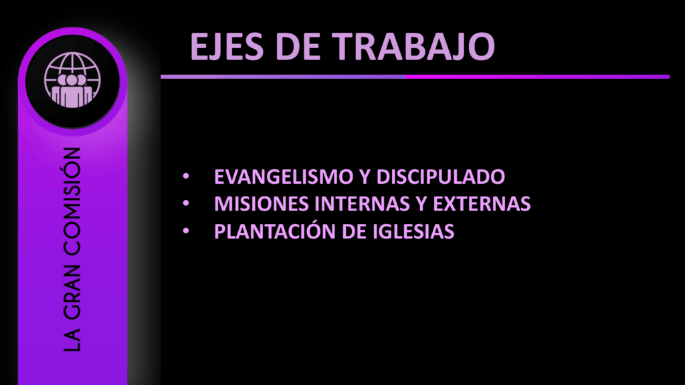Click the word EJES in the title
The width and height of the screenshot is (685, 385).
pyautogui.click(x=227, y=47)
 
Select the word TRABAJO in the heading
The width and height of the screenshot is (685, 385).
pyautogui.click(x=413, y=46)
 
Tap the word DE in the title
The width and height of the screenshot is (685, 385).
pyautogui.click(x=298, y=46)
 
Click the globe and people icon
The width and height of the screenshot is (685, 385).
pyautogui.click(x=72, y=80)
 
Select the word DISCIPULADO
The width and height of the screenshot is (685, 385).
pyautogui.click(x=440, y=176)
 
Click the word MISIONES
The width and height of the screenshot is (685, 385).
pyautogui.click(x=262, y=204)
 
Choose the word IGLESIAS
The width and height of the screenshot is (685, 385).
pyautogui.click(x=413, y=231)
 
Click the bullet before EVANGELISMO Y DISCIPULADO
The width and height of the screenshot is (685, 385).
pyautogui.click(x=186, y=176)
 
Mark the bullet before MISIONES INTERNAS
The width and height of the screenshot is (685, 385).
pyautogui.click(x=186, y=203)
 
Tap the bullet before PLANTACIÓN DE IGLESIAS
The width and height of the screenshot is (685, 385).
pyautogui.click(x=186, y=231)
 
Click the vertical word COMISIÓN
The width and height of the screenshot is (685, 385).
pyautogui.click(x=72, y=201)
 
